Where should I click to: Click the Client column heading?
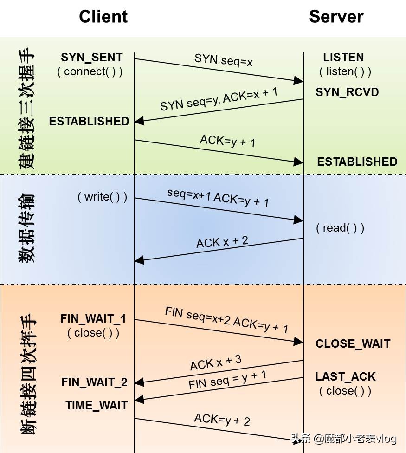(103, 17)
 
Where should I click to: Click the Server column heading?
(336, 17)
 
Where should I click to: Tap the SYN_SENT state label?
(92, 58)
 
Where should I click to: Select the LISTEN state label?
(343, 58)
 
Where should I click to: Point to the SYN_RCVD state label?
(347, 92)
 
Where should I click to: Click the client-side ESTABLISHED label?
(89, 121)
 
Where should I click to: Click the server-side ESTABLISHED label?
(357, 162)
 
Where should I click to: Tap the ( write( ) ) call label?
(102, 197)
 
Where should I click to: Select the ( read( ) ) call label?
(340, 228)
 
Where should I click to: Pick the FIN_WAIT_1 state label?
(93, 319)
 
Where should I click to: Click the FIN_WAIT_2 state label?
(94, 382)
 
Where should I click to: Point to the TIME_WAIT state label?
(97, 405)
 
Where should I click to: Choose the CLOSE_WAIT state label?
(353, 344)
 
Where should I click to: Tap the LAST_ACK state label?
(346, 376)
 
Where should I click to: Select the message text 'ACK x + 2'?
(222, 242)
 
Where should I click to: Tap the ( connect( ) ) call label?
(90, 72)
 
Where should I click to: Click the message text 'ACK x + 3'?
(216, 363)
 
